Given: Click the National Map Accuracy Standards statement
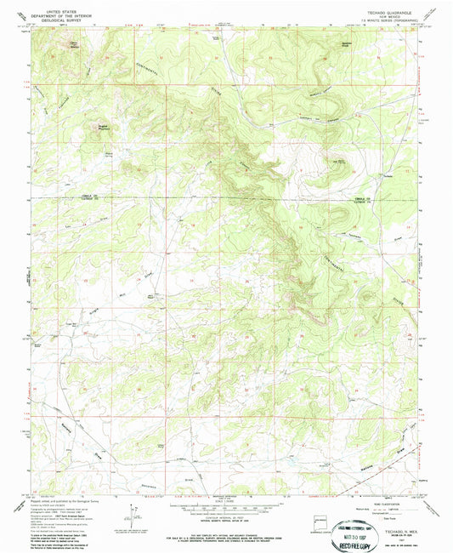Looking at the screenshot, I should tap(226, 518).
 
